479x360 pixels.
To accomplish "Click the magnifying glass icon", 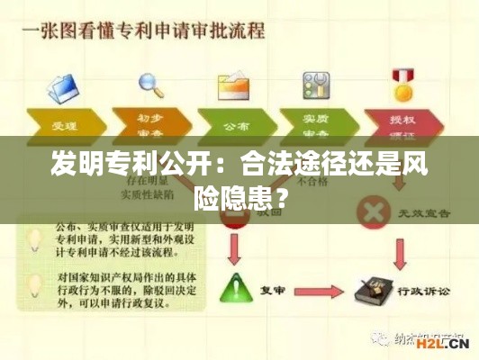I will point(150,83).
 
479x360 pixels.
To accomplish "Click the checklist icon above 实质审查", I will point(318,85).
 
